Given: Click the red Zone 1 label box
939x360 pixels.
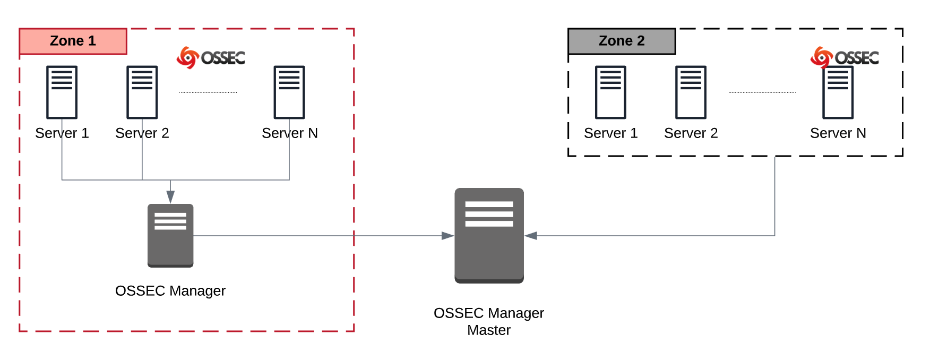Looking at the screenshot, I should pyautogui.click(x=73, y=41).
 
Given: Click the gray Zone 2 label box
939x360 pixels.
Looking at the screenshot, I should pyautogui.click(x=622, y=41).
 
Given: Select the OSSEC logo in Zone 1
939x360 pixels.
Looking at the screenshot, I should pyautogui.click(x=211, y=57).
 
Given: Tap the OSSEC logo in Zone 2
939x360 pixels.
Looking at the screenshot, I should pyautogui.click(x=845, y=57).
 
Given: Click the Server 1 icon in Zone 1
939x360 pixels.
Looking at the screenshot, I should pyautogui.click(x=62, y=92).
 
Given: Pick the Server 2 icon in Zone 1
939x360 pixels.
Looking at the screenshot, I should pyautogui.click(x=142, y=92).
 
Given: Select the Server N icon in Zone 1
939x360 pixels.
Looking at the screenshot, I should pyautogui.click(x=289, y=92).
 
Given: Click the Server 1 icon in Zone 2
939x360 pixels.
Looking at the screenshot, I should pyautogui.click(x=610, y=92).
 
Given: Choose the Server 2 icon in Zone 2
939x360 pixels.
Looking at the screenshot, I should pyautogui.click(x=691, y=92).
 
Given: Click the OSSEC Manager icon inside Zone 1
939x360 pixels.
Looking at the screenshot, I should pyautogui.click(x=170, y=235).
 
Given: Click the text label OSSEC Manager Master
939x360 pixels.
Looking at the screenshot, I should pyautogui.click(x=489, y=321).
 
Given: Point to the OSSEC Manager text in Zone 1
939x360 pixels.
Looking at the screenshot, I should pyautogui.click(x=170, y=291).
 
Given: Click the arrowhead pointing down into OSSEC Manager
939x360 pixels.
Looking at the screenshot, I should pyautogui.click(x=170, y=197).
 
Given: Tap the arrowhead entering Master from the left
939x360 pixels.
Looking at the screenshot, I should pyautogui.click(x=447, y=236).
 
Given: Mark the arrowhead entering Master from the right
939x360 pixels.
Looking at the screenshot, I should pyautogui.click(x=531, y=236).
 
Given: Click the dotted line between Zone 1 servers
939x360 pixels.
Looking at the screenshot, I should pyautogui.click(x=208, y=92).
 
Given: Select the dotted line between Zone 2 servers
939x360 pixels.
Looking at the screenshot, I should pyautogui.click(x=762, y=92).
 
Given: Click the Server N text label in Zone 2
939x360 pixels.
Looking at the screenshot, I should pyautogui.click(x=838, y=133).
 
